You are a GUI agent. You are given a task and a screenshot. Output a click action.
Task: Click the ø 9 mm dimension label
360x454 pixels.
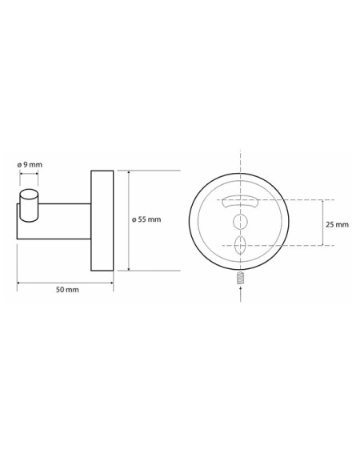click(x=30, y=165)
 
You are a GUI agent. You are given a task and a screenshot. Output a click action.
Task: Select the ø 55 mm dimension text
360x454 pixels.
click(x=146, y=219)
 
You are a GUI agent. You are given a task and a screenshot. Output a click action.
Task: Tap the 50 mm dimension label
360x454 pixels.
click(x=67, y=290)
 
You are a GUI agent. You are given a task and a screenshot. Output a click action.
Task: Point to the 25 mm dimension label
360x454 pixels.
click(x=337, y=224)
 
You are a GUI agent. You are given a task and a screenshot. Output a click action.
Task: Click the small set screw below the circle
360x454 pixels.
click(x=241, y=279)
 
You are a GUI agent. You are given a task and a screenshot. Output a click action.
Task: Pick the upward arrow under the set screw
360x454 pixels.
click(x=241, y=294)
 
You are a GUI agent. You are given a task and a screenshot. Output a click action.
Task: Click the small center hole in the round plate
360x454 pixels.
click(x=240, y=222)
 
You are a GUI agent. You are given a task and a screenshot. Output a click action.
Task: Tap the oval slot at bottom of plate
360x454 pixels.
click(x=241, y=245)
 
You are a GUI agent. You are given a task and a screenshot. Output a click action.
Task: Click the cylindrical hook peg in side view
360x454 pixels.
click(x=29, y=206)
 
